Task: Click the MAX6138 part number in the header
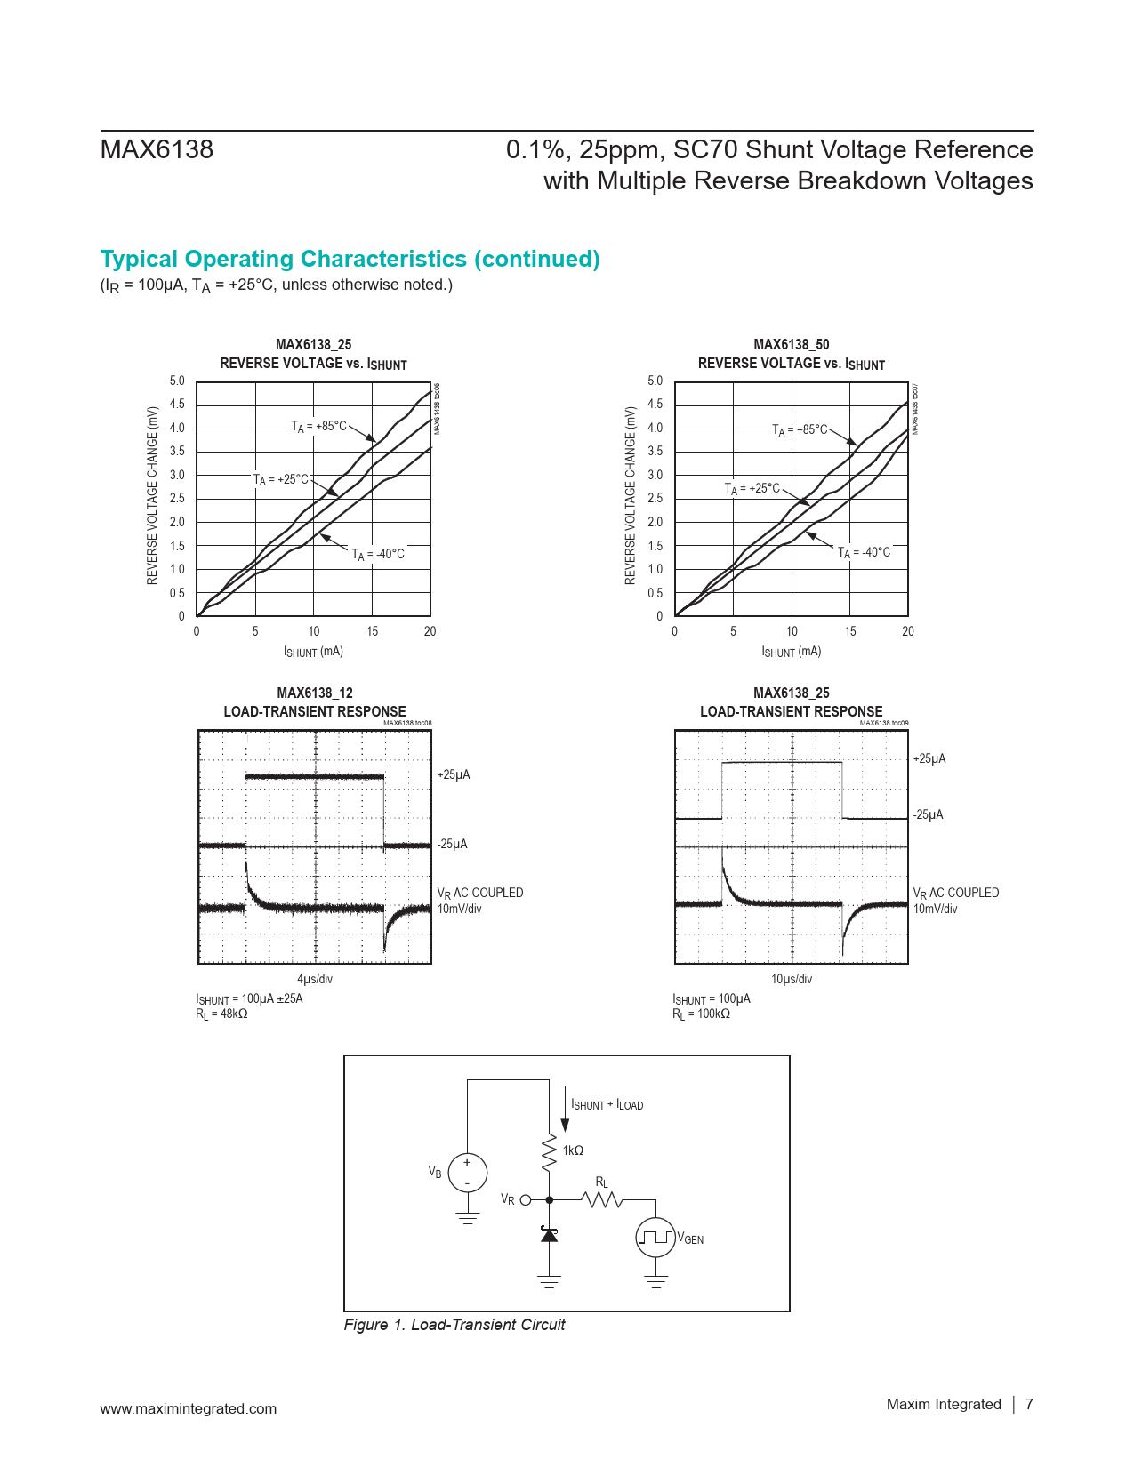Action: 157,149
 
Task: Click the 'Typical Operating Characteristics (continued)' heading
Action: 350,259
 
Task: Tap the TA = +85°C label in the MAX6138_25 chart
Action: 319,427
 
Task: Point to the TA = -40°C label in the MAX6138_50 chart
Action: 864,553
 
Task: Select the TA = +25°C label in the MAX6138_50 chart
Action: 752,489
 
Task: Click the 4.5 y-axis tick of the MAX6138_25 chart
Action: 178,405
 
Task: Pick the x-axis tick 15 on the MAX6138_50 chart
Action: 850,631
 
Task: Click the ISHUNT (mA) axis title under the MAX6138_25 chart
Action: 313,652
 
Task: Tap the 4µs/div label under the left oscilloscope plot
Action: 315,979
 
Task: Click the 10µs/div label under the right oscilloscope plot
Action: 792,979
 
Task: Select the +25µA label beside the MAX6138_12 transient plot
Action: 454,775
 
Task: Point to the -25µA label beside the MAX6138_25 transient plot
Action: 929,815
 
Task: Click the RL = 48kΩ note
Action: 221,1014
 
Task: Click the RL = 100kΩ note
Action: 701,1014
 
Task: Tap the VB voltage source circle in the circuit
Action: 467,1172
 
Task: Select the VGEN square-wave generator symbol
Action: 655,1238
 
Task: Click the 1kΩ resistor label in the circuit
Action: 573,1150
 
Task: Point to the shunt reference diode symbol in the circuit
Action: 550,1234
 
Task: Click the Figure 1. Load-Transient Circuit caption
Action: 454,1325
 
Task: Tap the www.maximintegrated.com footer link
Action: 189,1408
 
